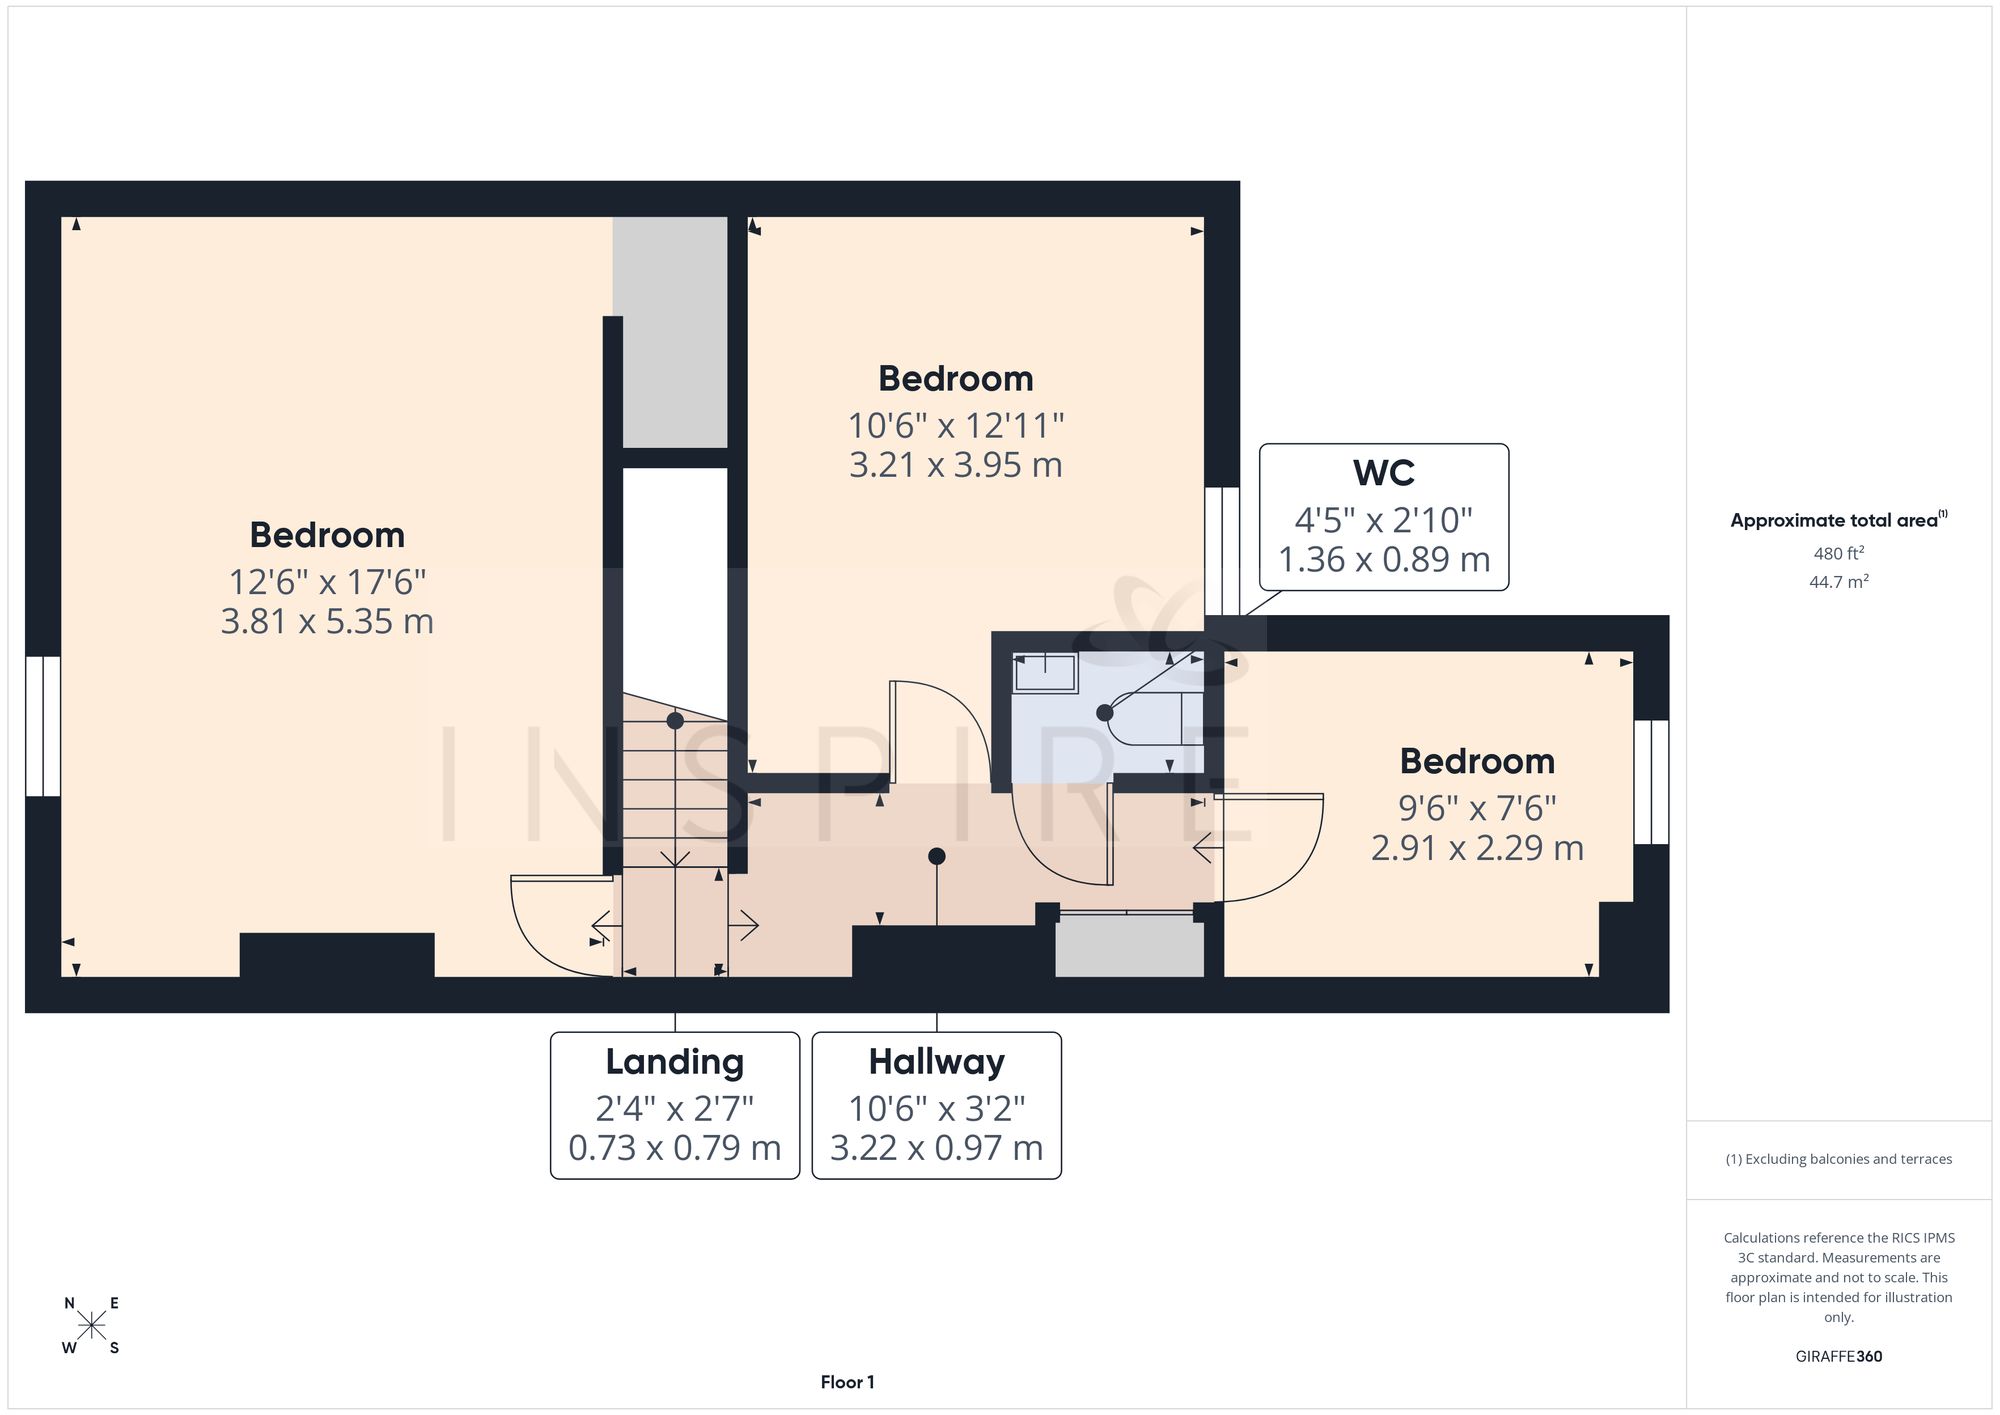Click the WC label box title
pyautogui.click(x=1384, y=473)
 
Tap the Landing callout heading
pyautogui.click(x=675, y=1062)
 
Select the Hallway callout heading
pyautogui.click(x=937, y=1062)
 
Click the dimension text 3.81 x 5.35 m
pyautogui.click(x=327, y=622)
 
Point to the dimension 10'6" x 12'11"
pyautogui.click(x=956, y=426)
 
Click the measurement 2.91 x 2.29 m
pyautogui.click(x=1477, y=848)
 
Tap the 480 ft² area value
pyautogui.click(x=1839, y=553)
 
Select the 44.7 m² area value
pyautogui.click(x=1839, y=581)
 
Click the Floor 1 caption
pyautogui.click(x=847, y=1382)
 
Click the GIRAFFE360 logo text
pyautogui.click(x=1839, y=1357)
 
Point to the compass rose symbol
pyautogui.click(x=92, y=1326)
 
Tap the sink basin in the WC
pyautogui.click(x=1045, y=673)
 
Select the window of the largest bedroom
pyautogui.click(x=43, y=727)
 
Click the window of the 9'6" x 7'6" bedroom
pyautogui.click(x=1651, y=782)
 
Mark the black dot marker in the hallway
pyautogui.click(x=937, y=856)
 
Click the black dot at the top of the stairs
pyautogui.click(x=675, y=720)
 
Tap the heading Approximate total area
pyautogui.click(x=1839, y=520)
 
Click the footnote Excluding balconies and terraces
pyautogui.click(x=1839, y=1159)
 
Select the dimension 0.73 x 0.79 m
pyautogui.click(x=675, y=1148)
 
